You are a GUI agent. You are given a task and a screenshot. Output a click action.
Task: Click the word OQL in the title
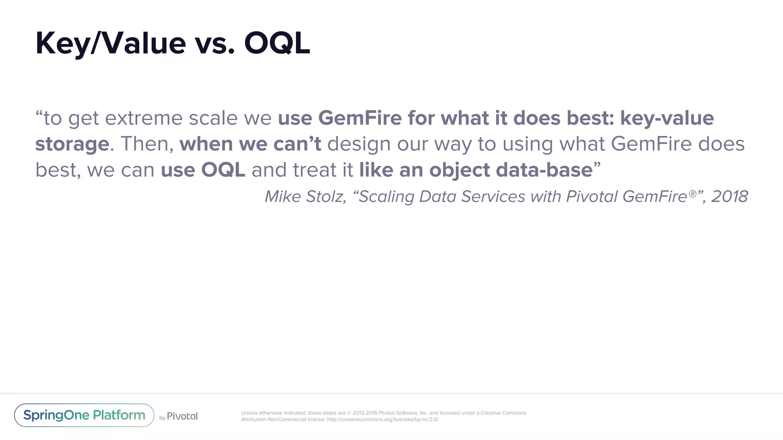pyautogui.click(x=277, y=44)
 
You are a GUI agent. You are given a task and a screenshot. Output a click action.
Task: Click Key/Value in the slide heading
pyautogui.click(x=110, y=44)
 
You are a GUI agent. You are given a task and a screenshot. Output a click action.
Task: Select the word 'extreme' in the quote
pyautogui.click(x=144, y=118)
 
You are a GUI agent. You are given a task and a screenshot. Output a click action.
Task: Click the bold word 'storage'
pyautogui.click(x=72, y=144)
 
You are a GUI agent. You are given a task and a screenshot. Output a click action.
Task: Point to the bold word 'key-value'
pyautogui.click(x=667, y=118)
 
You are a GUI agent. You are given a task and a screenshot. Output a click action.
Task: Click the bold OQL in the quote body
pyautogui.click(x=223, y=170)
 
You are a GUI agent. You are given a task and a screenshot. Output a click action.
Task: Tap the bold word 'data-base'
pyautogui.click(x=544, y=170)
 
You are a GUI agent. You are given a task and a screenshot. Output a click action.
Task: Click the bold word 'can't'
pyautogui.click(x=297, y=144)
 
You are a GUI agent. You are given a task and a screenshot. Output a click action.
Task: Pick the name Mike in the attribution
pyautogui.click(x=283, y=197)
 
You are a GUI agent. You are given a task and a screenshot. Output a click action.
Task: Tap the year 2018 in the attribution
pyautogui.click(x=729, y=197)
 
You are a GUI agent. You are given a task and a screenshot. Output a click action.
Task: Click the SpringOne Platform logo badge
pyautogui.click(x=84, y=415)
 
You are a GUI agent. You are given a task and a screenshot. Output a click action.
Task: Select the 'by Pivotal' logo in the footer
pyautogui.click(x=179, y=416)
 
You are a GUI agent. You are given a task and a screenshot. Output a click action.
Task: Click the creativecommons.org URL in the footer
pyautogui.click(x=382, y=419)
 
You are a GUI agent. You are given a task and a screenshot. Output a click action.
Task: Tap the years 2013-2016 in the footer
pyautogui.click(x=365, y=413)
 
